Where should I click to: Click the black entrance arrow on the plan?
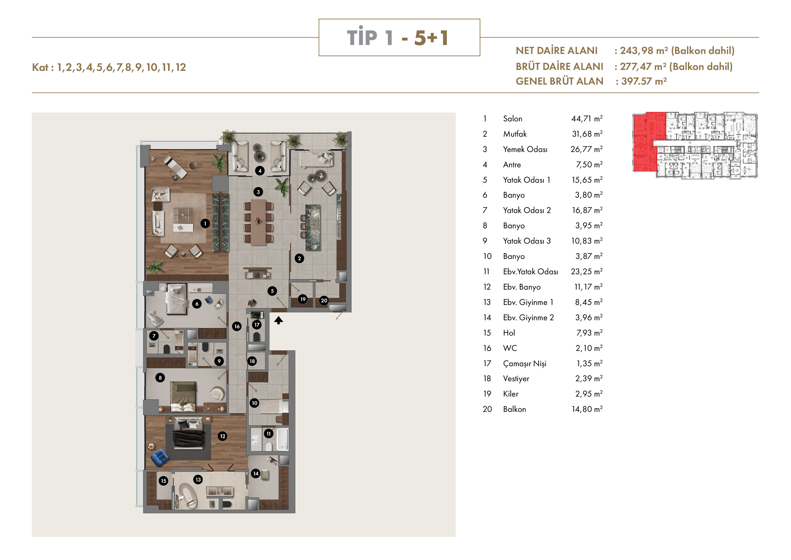[278, 320]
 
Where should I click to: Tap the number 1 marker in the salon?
[205, 223]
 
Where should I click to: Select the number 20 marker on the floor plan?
[324, 300]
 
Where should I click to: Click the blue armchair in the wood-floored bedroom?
[159, 458]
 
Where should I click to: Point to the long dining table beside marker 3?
[258, 223]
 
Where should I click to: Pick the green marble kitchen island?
[313, 228]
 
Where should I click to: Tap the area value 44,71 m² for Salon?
[587, 119]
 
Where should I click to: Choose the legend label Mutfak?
[515, 134]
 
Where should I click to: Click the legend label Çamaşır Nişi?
[524, 363]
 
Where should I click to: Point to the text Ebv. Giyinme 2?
[528, 318]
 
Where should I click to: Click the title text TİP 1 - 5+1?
[397, 37]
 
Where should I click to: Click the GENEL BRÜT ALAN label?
[559, 81]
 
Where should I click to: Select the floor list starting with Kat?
[109, 67]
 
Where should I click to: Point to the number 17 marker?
[257, 324]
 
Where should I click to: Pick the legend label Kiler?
[511, 394]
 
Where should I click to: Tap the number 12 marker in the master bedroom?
[223, 436]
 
